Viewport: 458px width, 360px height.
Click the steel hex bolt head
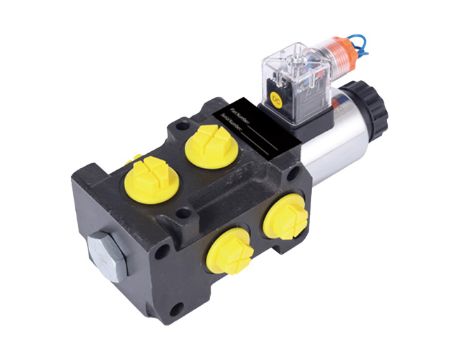point(106,254)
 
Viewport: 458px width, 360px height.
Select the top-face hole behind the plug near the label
point(184,127)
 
